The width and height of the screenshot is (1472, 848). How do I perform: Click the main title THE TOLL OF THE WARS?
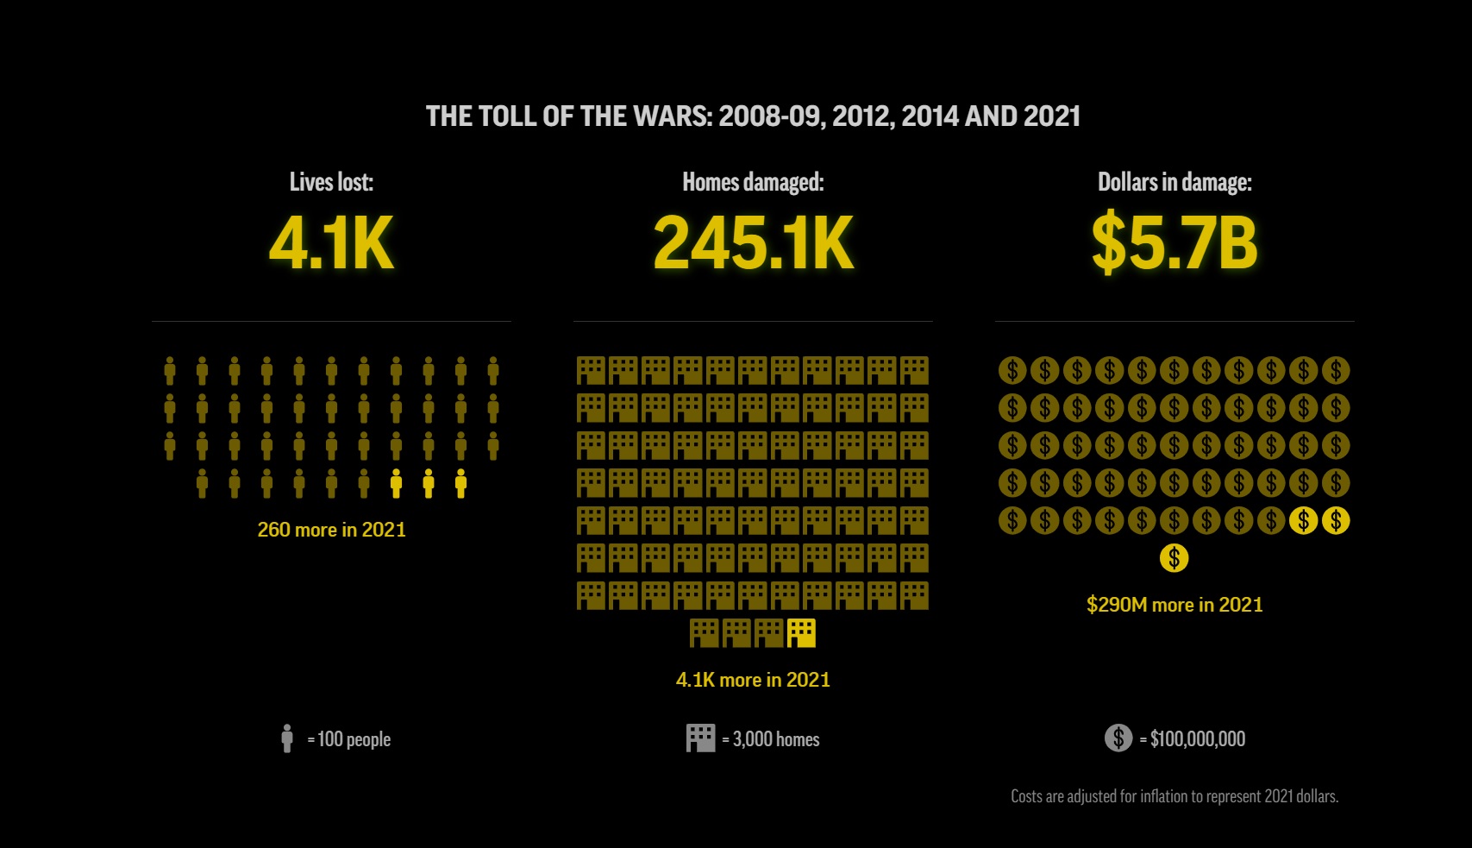click(x=753, y=116)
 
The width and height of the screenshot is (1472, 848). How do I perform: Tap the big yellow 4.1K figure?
click(x=331, y=243)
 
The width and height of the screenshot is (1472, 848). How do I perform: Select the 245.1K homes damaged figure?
click(x=753, y=243)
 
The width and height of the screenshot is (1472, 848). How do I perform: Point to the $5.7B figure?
click(x=1174, y=243)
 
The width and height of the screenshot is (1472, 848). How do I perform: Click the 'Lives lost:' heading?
click(x=331, y=182)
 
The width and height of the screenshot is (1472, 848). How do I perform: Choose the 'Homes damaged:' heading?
click(x=753, y=182)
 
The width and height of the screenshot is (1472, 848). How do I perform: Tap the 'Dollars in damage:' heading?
click(x=1174, y=182)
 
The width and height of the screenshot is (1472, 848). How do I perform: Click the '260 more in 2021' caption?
click(x=331, y=530)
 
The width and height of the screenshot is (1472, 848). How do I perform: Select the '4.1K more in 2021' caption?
click(x=753, y=680)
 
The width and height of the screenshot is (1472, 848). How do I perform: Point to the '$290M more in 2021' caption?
click(x=1174, y=605)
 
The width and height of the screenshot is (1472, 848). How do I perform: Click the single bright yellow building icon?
click(x=801, y=633)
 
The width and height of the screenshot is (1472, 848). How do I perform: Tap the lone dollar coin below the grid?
click(x=1174, y=558)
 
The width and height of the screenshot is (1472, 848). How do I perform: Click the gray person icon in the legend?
click(x=287, y=738)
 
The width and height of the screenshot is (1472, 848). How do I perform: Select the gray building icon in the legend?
click(x=700, y=738)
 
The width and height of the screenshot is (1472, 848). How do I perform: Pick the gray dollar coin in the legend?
click(x=1118, y=738)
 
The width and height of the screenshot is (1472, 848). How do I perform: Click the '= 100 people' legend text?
click(x=349, y=739)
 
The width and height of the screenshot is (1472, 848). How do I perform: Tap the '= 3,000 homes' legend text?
click(x=771, y=739)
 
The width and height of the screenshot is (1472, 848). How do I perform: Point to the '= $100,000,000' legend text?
click(x=1193, y=739)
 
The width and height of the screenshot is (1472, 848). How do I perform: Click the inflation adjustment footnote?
click(x=1174, y=796)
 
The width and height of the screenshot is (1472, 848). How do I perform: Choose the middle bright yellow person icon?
click(x=429, y=484)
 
